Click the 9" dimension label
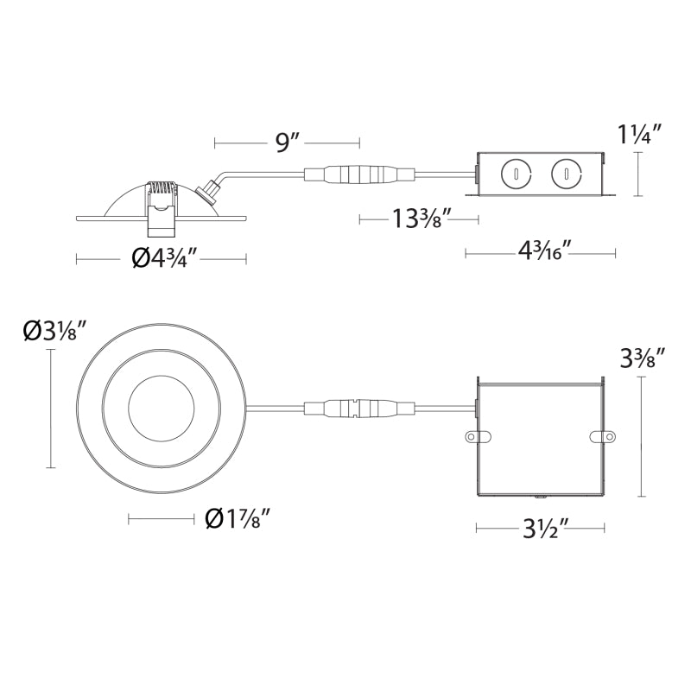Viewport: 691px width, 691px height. pos(288,142)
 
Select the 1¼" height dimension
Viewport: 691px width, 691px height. pos(639,134)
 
